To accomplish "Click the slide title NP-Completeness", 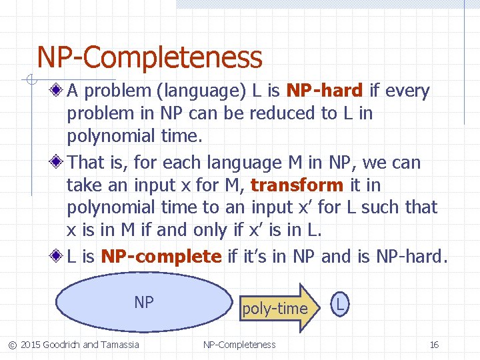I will pos(149,57).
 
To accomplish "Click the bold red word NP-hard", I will pos(324,91).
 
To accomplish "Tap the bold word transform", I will pos(297,185).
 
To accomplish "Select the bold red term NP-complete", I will pos(161,256).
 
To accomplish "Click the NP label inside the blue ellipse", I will pos(144,303).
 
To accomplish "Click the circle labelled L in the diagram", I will pos(340,305).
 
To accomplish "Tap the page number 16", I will pos(434,345).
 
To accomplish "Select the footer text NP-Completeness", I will pos(239,345).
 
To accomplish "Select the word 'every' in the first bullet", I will pos(407,91).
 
